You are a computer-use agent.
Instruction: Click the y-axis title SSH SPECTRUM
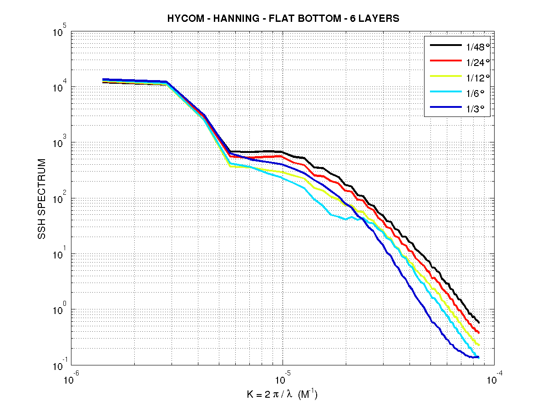(x=42, y=199)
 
